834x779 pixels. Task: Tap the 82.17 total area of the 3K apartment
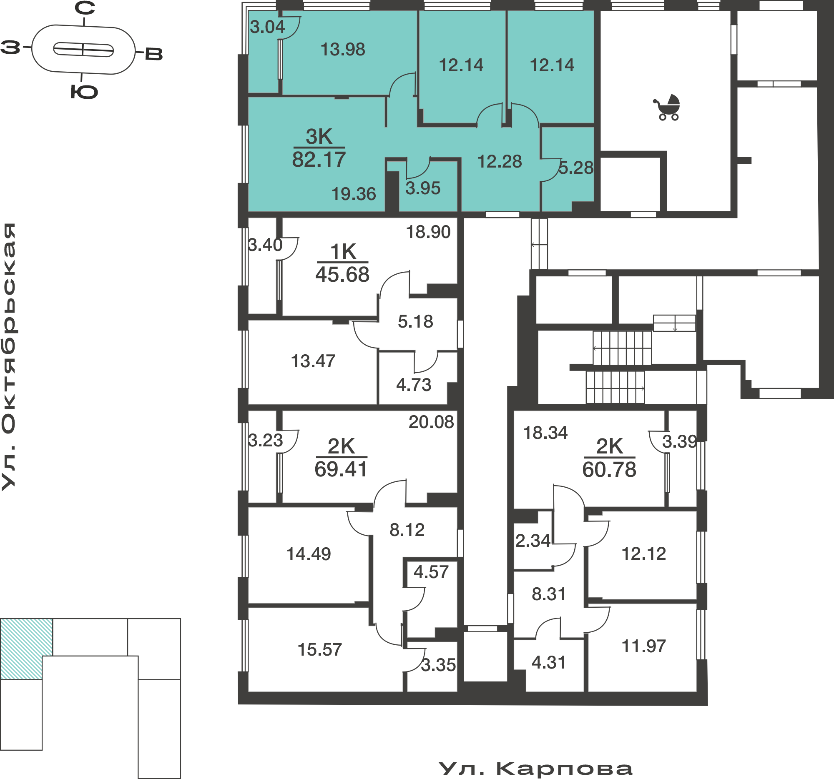click(319, 160)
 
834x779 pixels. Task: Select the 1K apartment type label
click(343, 252)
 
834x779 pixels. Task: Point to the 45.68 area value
click(342, 275)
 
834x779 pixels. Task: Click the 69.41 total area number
click(341, 469)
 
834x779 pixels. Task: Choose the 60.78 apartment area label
click(609, 470)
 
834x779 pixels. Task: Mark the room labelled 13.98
click(343, 50)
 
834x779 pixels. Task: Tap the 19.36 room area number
click(354, 194)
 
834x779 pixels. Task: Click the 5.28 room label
click(576, 168)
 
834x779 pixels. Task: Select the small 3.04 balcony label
click(267, 27)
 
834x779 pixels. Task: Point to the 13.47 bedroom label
click(313, 361)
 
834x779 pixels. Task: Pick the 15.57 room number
click(320, 649)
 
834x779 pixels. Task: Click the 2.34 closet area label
click(533, 541)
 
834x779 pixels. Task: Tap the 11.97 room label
click(643, 646)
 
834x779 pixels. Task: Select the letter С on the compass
click(85, 8)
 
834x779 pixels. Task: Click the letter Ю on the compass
click(84, 92)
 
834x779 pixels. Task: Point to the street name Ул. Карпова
click(535, 769)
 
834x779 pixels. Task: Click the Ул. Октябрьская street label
click(8, 356)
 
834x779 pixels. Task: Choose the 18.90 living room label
click(428, 232)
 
